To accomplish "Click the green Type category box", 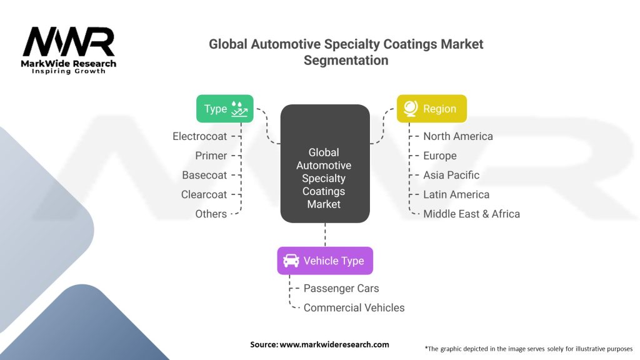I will click(224, 109).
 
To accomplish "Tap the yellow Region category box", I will click(431, 109).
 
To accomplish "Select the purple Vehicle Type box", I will click(325, 261).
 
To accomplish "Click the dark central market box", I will click(324, 164).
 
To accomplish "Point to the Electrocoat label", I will click(199, 136).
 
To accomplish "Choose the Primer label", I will click(211, 156).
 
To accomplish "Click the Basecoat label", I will click(204, 175).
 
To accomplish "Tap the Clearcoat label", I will click(204, 194).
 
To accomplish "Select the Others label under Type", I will click(211, 214).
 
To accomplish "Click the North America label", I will click(457, 136).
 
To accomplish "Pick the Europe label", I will click(439, 156).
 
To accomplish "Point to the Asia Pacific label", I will click(451, 175).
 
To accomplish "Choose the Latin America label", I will click(456, 194).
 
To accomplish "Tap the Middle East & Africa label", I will click(471, 214).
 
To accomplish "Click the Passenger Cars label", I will click(341, 288).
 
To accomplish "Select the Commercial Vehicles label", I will click(354, 307).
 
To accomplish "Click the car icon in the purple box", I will click(291, 261).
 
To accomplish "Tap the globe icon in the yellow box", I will click(411, 109).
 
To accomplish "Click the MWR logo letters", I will click(69, 42).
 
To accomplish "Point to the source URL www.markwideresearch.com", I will click(334, 344).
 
